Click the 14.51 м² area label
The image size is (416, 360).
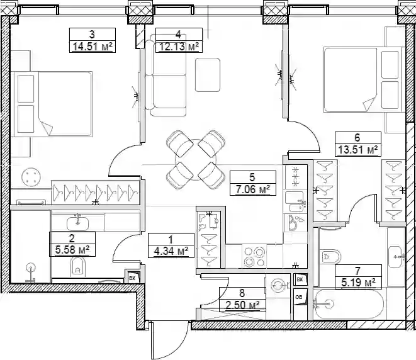pyautogui.click(x=93, y=47)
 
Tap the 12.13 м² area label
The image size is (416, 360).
pyautogui.click(x=179, y=47)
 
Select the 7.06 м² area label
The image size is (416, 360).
pyautogui.click(x=253, y=189)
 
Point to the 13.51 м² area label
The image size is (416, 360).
pyautogui.click(x=358, y=150)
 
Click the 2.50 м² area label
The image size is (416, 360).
pyautogui.click(x=242, y=305)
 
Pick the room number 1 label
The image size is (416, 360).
pyautogui.click(x=171, y=240)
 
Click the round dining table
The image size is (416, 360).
pyautogui.click(x=196, y=160)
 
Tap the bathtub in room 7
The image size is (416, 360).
pyautogui.click(x=349, y=303)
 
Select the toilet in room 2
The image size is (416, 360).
pyautogui.click(x=78, y=267)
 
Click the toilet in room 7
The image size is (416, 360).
pyautogui.click(x=330, y=257)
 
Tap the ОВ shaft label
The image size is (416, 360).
pyautogui.click(x=299, y=297)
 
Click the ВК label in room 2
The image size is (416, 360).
pyautogui.click(x=132, y=278)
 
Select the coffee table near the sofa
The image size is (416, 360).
pyautogui.click(x=208, y=75)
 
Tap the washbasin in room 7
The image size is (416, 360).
pyautogui.click(x=396, y=257)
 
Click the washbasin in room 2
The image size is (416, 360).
pyautogui.click(x=77, y=223)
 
